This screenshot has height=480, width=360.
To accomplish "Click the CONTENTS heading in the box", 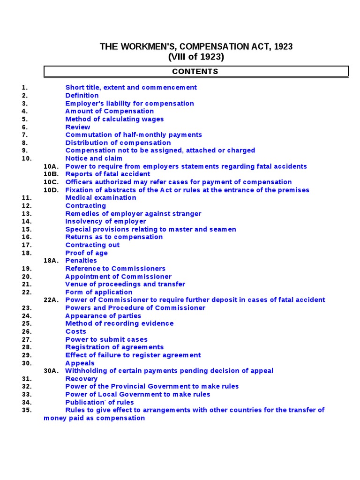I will tap(195, 72).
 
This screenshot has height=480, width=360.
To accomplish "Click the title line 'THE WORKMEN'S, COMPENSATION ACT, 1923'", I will tap(196, 46).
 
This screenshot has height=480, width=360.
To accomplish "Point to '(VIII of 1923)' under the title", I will tap(196, 57).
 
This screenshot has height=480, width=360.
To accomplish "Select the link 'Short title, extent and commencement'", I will tap(131, 88).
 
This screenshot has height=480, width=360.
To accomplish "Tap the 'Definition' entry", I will tap(82, 96).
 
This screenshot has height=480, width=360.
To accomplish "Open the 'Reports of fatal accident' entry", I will tap(108, 174).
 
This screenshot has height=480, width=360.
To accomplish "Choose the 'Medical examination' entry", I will tap(101, 198).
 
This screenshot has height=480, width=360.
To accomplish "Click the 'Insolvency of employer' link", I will tap(105, 221).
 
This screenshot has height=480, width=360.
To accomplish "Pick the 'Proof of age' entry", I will tap(86, 253).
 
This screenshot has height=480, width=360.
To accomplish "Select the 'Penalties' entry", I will tap(81, 261).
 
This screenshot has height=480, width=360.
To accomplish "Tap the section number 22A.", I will tap(51, 300).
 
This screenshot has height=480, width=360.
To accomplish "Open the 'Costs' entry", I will tap(75, 331).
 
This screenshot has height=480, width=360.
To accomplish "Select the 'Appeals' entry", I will tap(80, 363).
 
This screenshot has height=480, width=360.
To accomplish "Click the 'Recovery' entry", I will tap(82, 379).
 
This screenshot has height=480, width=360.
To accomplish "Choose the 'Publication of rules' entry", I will tap(99, 402).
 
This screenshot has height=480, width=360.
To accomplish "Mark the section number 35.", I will tap(26, 410).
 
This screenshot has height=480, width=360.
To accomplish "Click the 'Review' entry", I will tap(78, 127).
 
